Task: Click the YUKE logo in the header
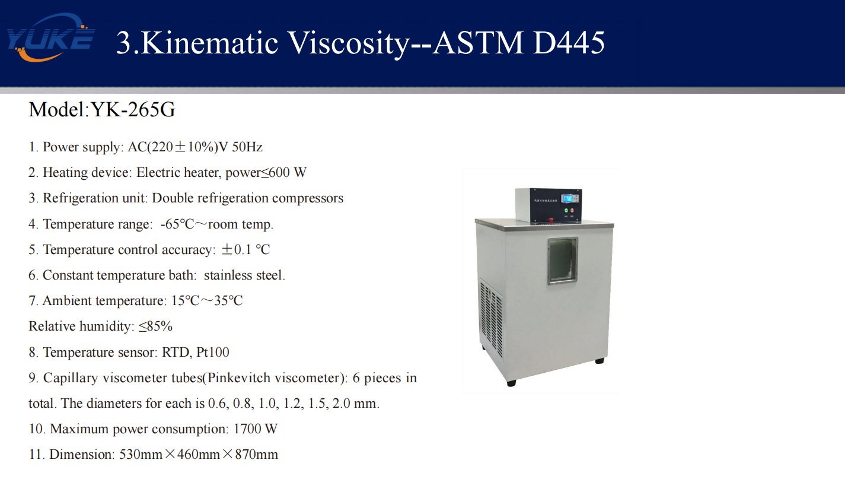point(50,37)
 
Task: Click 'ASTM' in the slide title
point(478,43)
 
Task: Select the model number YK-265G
point(133,109)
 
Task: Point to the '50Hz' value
point(247,147)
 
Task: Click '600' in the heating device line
point(279,173)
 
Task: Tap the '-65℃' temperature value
point(177,224)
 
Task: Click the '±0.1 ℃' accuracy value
point(245,249)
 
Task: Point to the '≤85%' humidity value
point(155,326)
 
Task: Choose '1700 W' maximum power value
point(256,429)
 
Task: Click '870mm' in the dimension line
point(257,455)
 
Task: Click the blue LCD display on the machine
point(567,199)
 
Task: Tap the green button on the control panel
point(566,210)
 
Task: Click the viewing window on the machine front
point(563,261)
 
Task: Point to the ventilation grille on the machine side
point(492,319)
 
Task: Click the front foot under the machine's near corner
point(511,383)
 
